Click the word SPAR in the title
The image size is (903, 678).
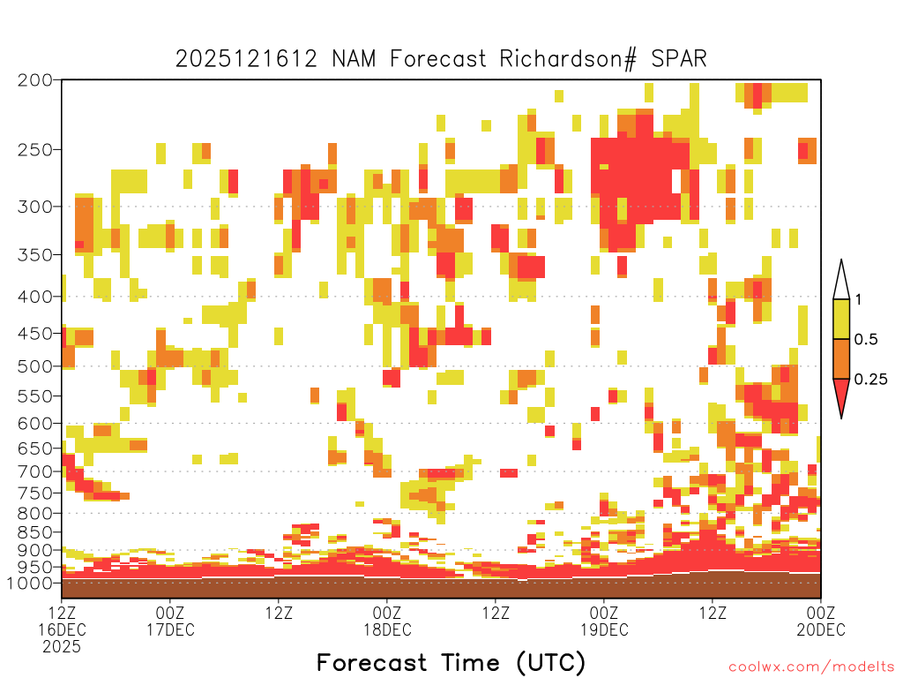coord(679,59)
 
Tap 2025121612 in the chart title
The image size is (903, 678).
coord(246,59)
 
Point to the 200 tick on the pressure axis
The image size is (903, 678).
coord(35,80)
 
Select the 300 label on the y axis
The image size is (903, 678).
coord(35,207)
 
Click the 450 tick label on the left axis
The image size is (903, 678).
coord(35,333)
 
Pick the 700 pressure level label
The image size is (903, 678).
coord(35,471)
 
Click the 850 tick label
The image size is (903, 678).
coord(35,532)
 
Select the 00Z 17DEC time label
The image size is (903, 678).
coord(170,621)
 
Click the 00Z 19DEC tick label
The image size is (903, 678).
coord(604,621)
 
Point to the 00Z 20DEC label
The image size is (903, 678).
coord(821,621)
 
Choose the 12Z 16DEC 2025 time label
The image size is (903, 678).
coord(62,629)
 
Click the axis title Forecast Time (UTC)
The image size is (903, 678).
coord(451,663)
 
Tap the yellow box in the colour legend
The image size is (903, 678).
coord(841,319)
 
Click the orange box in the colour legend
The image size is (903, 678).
coord(841,358)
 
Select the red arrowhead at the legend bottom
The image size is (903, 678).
coord(841,395)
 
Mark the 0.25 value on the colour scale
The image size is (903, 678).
coord(870,380)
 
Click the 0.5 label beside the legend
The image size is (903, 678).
coord(866,340)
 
